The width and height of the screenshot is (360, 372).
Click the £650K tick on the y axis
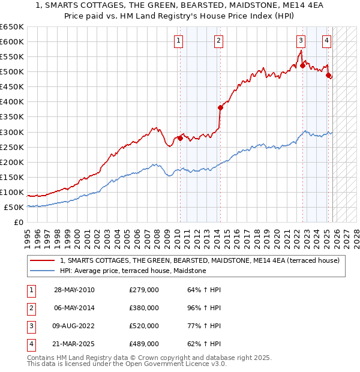(12, 27)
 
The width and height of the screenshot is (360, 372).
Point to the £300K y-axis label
(12, 132)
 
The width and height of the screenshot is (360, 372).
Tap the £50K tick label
(14, 207)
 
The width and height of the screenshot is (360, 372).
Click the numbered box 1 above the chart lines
(179, 41)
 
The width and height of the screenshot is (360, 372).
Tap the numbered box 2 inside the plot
(218, 41)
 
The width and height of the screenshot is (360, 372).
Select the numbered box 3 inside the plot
(300, 41)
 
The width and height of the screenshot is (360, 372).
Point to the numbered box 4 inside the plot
(326, 41)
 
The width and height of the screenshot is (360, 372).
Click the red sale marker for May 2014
(220, 108)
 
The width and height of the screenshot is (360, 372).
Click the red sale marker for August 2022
(302, 66)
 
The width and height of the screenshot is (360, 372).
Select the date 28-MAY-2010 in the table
(74, 290)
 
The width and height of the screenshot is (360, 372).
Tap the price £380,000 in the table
(144, 308)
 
